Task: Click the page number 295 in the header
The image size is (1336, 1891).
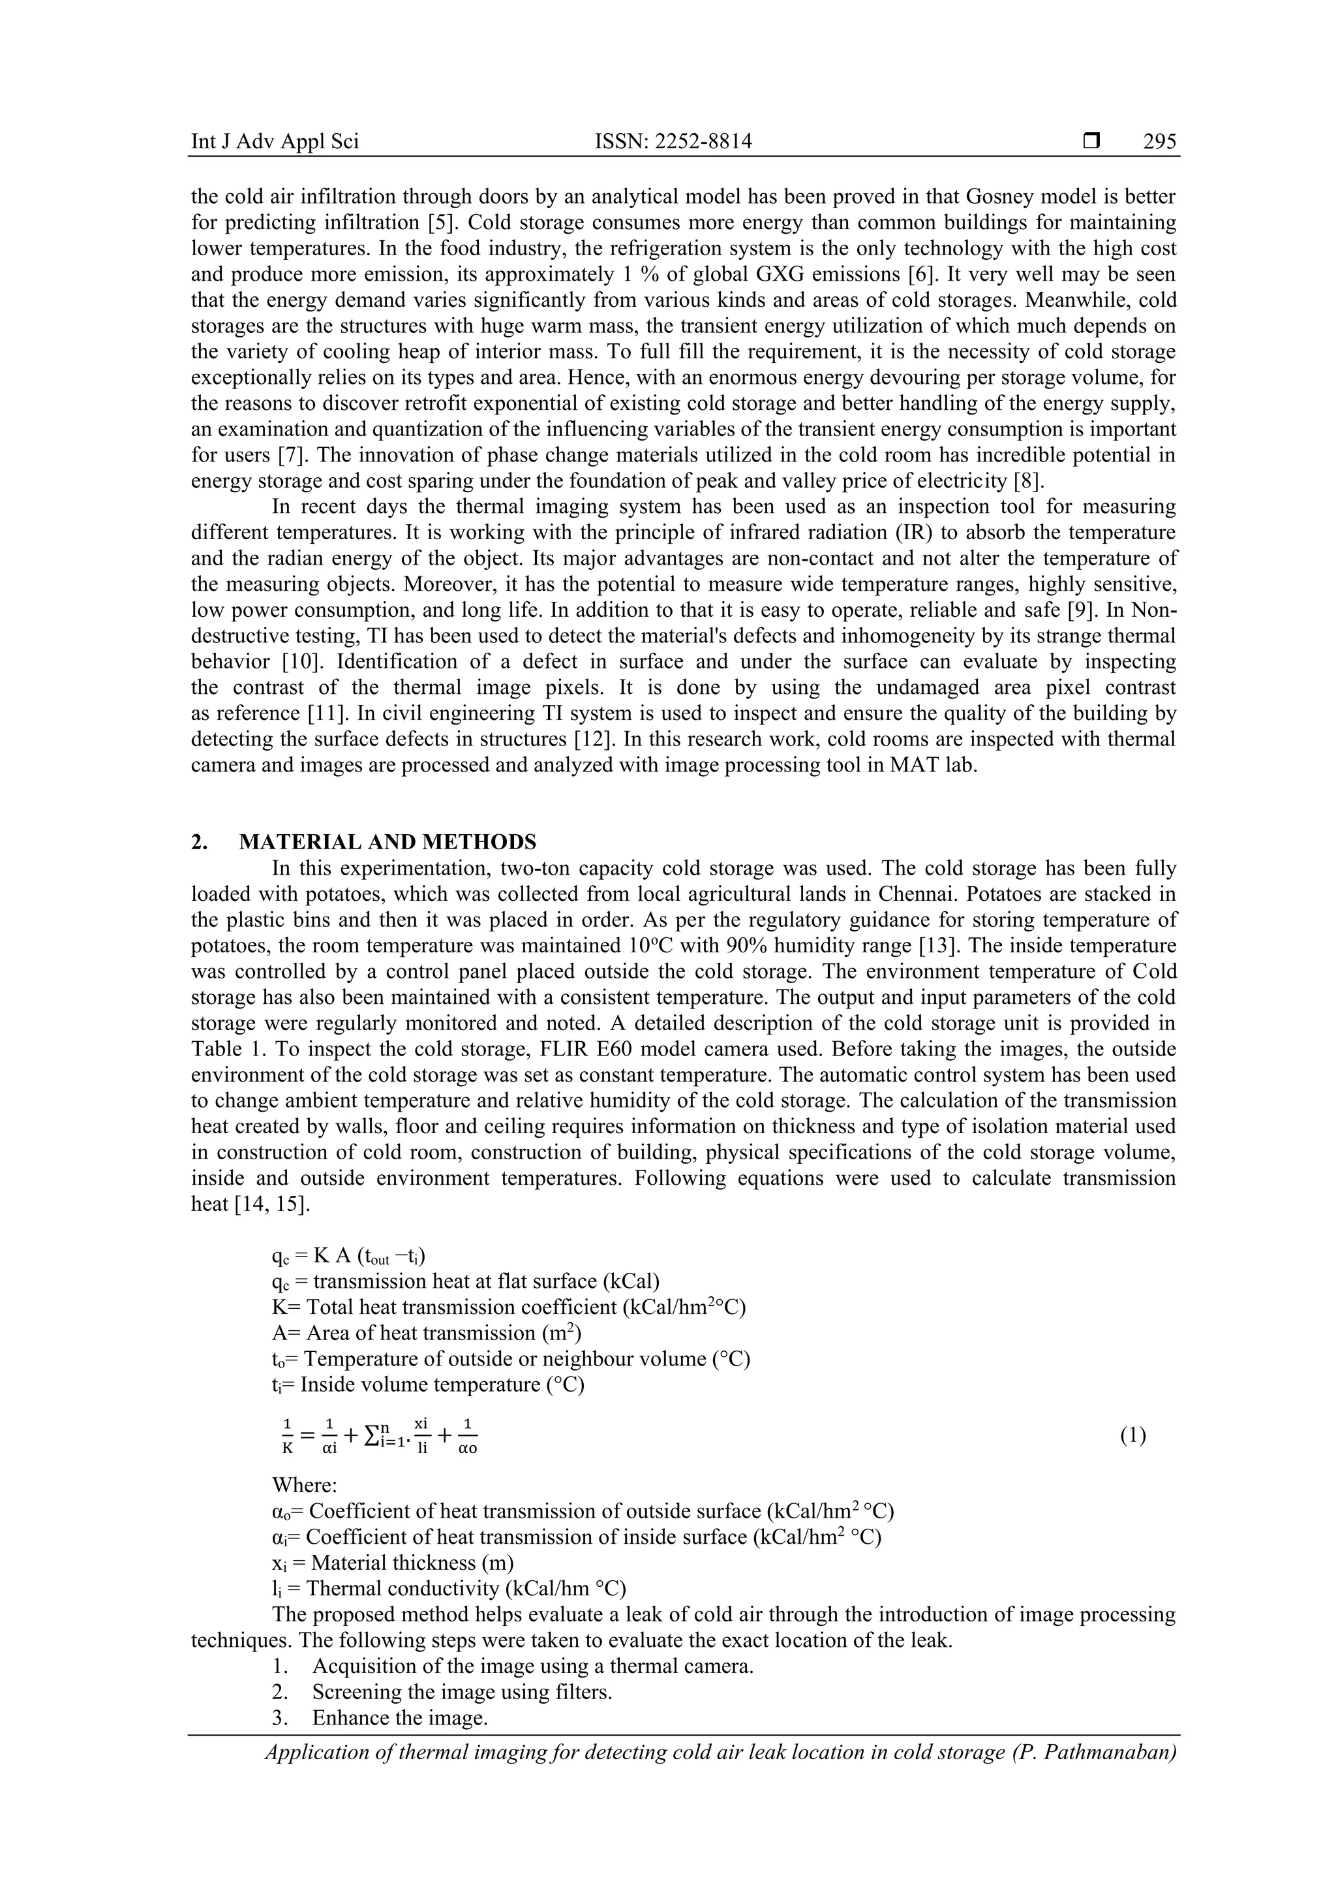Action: click(1159, 142)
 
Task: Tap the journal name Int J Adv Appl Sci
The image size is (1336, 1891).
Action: click(275, 142)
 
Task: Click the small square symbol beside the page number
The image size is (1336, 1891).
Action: click(1091, 142)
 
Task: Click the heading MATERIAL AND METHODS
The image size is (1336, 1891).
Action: click(387, 842)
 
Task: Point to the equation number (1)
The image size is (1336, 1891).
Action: click(1132, 1435)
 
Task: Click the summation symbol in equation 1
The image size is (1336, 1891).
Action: click(371, 1435)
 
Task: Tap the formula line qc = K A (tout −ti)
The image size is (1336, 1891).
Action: click(348, 1256)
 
